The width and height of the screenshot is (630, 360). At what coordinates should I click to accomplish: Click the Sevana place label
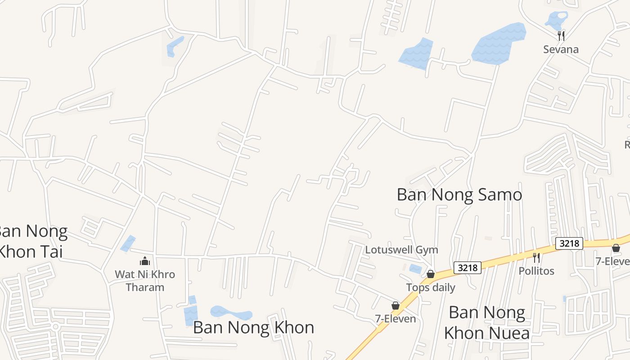[x=561, y=49]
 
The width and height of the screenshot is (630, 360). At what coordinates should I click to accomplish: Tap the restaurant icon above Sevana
[x=561, y=36]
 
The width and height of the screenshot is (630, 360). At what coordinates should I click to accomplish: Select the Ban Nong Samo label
[x=459, y=194]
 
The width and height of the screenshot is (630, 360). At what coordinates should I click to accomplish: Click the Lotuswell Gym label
[x=401, y=250]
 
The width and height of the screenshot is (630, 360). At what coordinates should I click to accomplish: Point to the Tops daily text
[x=431, y=288]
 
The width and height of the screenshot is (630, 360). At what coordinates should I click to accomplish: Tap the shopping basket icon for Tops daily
[x=431, y=274]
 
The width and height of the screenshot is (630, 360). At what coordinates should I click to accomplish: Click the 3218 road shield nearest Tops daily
[x=467, y=267]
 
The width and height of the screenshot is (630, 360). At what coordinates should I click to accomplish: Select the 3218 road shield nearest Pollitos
[x=569, y=243]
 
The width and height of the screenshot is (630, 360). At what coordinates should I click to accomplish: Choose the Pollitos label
[x=536, y=271]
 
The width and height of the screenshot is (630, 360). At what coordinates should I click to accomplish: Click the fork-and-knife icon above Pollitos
[x=536, y=257]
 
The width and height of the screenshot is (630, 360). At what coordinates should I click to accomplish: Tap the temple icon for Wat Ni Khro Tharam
[x=145, y=261]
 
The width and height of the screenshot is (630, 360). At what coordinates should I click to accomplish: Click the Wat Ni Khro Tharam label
[x=145, y=280]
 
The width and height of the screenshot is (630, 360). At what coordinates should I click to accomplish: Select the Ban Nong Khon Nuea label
[x=486, y=323]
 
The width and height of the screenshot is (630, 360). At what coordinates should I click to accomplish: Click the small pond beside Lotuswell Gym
[x=415, y=269]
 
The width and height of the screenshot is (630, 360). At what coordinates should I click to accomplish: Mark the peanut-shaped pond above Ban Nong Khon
[x=231, y=313]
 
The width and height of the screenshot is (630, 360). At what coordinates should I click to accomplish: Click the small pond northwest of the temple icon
[x=128, y=243]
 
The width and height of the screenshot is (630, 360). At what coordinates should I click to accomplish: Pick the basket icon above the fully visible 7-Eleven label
[x=396, y=306]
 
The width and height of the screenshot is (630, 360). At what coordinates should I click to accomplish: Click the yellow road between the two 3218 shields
[x=517, y=256]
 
